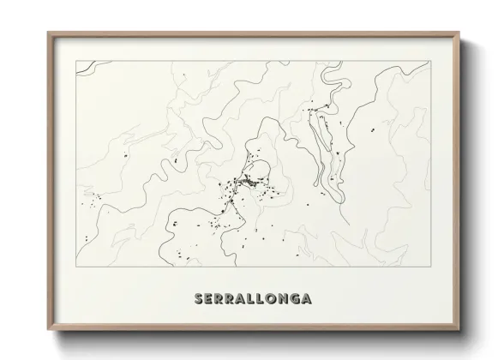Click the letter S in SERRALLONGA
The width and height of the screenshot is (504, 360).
pyautogui.click(x=198, y=299)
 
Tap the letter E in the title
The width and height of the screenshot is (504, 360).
pyautogui.click(x=208, y=299)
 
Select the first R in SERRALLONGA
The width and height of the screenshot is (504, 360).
pyautogui.click(x=219, y=299)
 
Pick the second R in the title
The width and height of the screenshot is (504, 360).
pyautogui.click(x=230, y=299)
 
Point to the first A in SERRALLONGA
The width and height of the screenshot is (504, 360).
pyautogui.click(x=241, y=299)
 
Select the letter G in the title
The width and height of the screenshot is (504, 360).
pyautogui.click(x=295, y=299)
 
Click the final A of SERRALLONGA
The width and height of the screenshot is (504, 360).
pyautogui.click(x=307, y=299)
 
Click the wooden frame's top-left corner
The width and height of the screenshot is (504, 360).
pyautogui.click(x=47, y=32)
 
